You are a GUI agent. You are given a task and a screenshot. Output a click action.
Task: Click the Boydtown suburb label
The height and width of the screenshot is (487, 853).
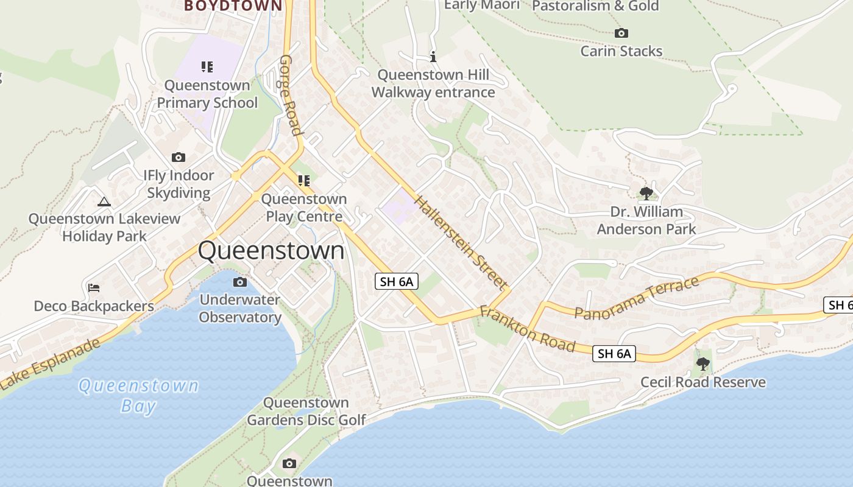[233, 5]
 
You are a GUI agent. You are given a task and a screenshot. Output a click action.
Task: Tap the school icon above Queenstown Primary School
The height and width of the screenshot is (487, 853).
[207, 66]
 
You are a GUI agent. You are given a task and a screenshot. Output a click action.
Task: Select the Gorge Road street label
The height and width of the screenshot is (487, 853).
[291, 96]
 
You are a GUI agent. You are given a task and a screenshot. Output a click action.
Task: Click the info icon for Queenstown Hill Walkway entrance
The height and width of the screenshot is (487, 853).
[433, 57]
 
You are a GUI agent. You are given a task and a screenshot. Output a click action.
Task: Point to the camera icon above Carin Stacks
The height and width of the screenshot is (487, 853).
[621, 33]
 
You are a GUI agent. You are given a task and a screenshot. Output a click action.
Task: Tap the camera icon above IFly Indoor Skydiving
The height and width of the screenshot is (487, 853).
[179, 157]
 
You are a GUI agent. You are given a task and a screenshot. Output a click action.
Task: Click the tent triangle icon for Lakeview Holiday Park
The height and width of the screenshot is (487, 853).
[104, 201]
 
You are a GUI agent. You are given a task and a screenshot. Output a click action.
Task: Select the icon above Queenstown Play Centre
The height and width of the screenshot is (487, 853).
[303, 180]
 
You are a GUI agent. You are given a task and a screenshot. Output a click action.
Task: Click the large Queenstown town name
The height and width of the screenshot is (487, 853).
[271, 251]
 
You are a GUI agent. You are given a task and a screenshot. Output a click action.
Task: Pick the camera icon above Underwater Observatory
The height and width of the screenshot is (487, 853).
[240, 282]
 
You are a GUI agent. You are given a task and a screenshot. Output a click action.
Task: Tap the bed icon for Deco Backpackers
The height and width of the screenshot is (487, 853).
[94, 287]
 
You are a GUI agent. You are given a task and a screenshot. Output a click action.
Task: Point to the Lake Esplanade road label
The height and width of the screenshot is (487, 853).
[51, 363]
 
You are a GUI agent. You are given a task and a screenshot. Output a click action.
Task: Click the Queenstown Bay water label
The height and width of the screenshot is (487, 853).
[139, 395]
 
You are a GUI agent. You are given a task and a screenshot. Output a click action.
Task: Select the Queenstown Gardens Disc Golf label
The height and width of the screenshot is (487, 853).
[306, 411]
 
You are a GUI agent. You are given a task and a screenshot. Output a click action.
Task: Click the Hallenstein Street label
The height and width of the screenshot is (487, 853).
[460, 242]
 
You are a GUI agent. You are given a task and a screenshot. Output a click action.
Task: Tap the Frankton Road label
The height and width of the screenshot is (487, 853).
[528, 329]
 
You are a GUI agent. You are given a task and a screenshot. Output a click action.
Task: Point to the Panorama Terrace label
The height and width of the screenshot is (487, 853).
[637, 298]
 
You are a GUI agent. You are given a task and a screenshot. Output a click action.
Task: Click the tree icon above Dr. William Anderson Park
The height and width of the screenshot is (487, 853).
[646, 194]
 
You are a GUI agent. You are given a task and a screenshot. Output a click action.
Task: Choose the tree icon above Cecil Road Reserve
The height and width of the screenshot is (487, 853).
[703, 364]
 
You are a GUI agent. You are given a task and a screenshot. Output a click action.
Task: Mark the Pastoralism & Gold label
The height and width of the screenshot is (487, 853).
[595, 6]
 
